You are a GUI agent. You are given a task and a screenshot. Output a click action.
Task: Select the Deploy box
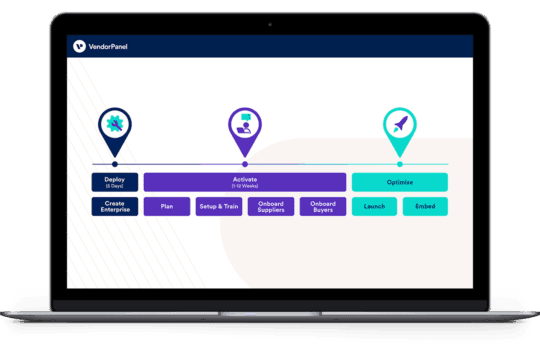[114, 182]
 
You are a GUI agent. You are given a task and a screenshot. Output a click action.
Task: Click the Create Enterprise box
[114, 207]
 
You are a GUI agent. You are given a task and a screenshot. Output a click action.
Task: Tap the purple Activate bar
[244, 182]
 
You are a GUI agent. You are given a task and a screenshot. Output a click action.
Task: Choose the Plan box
[166, 207]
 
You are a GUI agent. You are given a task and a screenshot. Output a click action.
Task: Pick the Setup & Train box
[218, 207]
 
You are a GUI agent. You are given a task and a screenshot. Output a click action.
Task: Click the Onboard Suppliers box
[270, 207]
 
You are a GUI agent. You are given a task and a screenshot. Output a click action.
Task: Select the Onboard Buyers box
[322, 207]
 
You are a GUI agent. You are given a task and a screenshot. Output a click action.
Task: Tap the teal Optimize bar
[399, 182]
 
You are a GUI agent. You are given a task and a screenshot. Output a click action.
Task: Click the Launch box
[374, 207]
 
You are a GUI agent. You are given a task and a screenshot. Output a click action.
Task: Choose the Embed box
[425, 207]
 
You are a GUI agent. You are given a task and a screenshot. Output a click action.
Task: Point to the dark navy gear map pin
[115, 128]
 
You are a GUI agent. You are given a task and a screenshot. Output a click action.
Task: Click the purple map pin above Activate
[244, 128]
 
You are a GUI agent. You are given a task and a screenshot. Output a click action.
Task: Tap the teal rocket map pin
[399, 128]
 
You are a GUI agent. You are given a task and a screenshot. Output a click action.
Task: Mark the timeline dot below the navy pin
[115, 163]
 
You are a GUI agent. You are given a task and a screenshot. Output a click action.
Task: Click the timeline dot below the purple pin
[244, 163]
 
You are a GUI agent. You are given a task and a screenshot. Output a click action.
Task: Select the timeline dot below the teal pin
[399, 163]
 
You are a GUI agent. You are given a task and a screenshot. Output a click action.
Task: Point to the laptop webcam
[270, 23]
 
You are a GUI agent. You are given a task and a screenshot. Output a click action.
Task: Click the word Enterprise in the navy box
[114, 211]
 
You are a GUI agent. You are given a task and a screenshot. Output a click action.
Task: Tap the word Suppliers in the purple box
[270, 211]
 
